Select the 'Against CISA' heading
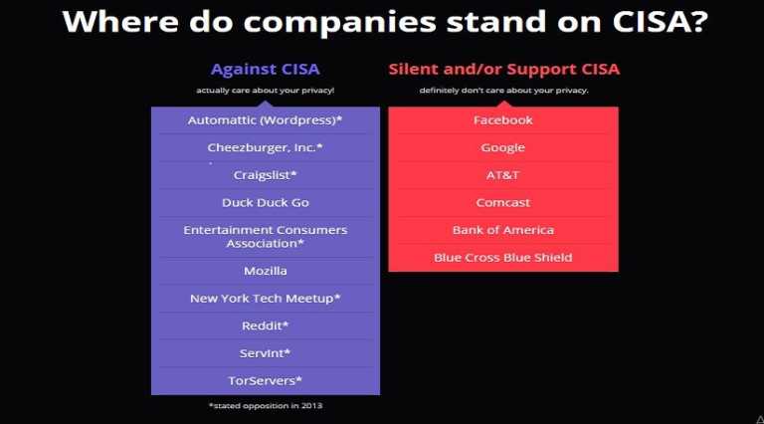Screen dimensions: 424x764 click(265, 70)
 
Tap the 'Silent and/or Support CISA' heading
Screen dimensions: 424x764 click(503, 70)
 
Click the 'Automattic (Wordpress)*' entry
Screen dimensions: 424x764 click(265, 120)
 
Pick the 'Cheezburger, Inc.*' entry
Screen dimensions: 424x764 click(265, 147)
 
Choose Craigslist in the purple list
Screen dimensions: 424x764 click(265, 175)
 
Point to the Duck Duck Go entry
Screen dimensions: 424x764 click(265, 202)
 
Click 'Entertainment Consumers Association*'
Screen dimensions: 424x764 click(265, 237)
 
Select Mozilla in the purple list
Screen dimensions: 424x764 click(265, 271)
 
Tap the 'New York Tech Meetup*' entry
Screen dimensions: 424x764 click(265, 299)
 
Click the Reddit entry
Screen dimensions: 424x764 click(265, 325)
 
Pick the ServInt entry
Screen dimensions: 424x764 click(265, 353)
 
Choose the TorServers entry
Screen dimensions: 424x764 click(265, 380)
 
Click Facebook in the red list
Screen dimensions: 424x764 click(503, 120)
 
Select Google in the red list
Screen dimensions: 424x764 click(503, 147)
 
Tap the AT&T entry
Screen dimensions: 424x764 click(503, 175)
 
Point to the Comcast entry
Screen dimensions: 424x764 click(503, 202)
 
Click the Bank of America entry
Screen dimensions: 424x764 click(503, 230)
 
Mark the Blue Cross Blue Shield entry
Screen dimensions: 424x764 click(503, 258)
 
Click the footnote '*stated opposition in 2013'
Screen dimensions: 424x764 click(265, 406)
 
